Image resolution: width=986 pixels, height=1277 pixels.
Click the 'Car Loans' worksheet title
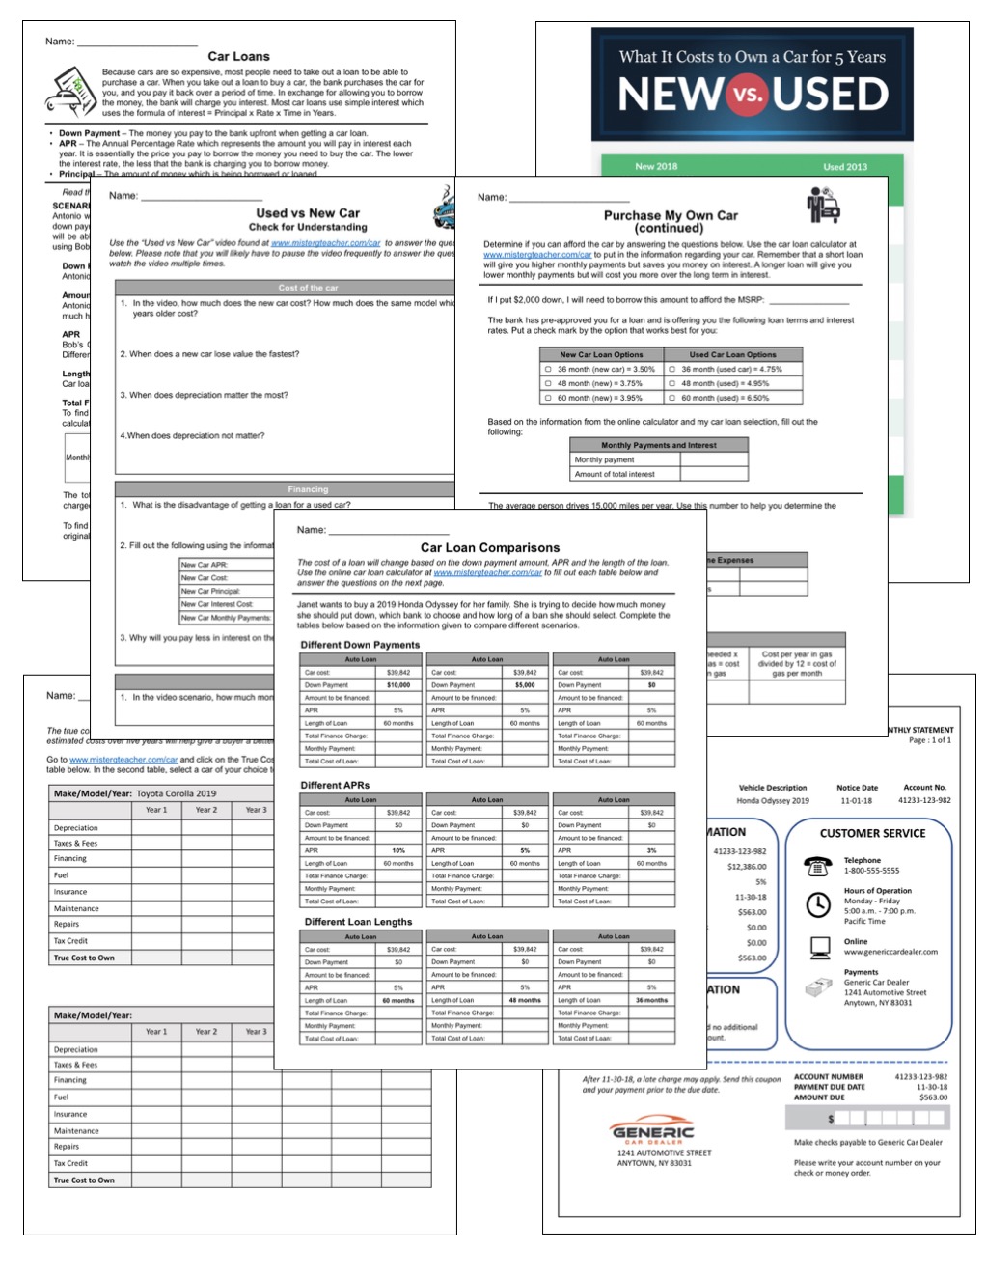238,56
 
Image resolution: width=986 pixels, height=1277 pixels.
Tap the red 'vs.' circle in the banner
747,95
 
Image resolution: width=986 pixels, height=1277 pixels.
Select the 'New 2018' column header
656,166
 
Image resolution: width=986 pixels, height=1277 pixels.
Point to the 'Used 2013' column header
844,167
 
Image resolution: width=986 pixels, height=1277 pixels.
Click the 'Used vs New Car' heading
308,213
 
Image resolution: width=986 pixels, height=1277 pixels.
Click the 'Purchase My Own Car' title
671,216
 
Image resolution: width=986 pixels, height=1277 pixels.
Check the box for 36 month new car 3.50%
548,369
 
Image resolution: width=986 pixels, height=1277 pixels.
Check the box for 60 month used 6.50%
672,398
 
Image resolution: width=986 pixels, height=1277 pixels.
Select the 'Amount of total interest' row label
615,474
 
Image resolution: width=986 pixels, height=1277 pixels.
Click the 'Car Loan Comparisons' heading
489,547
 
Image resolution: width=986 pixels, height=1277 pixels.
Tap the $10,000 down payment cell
398,685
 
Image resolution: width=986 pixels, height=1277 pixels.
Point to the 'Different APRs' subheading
335,785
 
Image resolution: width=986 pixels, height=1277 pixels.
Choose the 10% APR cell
398,850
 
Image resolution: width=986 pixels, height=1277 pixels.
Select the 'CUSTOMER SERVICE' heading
872,833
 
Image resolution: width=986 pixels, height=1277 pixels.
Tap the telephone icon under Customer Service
818,866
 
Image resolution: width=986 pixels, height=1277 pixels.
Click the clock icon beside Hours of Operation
818,904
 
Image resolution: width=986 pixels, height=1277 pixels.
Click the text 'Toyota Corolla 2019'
176,793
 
